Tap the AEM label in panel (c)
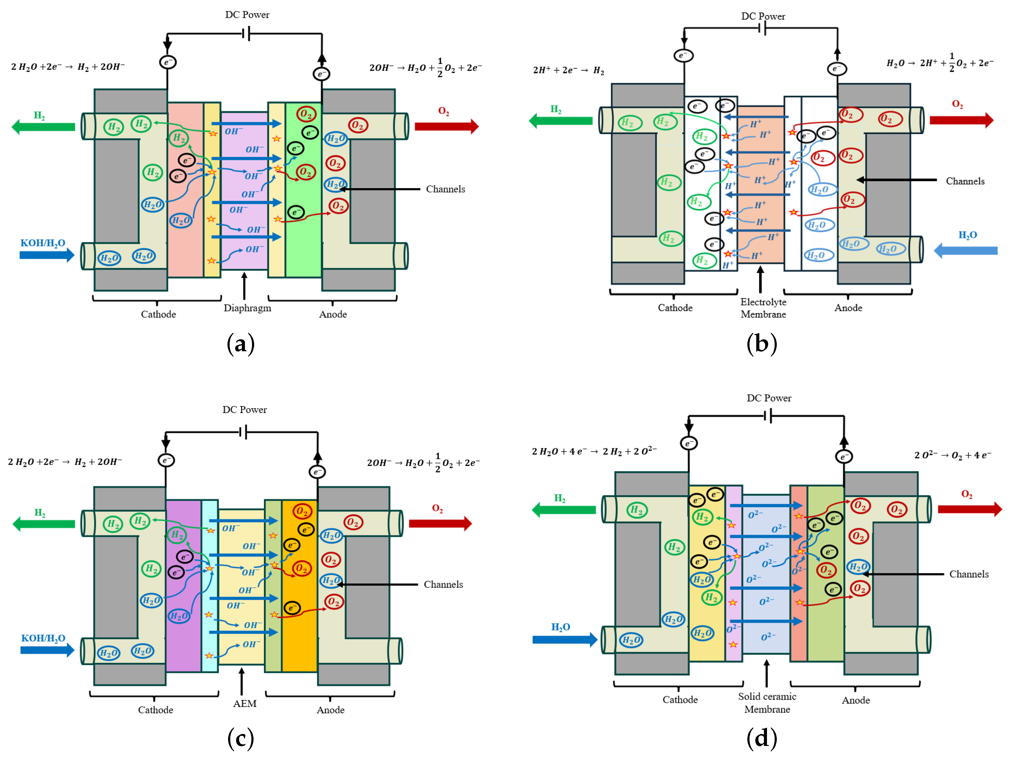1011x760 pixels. point(245,703)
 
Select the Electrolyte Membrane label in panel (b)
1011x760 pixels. point(763,308)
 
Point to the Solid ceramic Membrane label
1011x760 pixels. point(767,702)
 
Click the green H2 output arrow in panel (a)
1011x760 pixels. point(43,127)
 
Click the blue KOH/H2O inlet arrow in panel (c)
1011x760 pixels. point(47,650)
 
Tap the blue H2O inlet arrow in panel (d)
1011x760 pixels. point(565,639)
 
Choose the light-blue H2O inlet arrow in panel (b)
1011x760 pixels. point(965,250)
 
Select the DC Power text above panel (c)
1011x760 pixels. point(245,410)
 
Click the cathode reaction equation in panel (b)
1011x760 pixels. point(569,70)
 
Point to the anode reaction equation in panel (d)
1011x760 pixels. point(953,455)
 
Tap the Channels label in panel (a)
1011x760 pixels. point(445,189)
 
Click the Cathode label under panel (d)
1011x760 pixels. point(680,700)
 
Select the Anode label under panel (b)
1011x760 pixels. point(848,308)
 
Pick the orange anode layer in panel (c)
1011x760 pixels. point(299,586)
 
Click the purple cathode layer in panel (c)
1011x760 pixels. point(184,586)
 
